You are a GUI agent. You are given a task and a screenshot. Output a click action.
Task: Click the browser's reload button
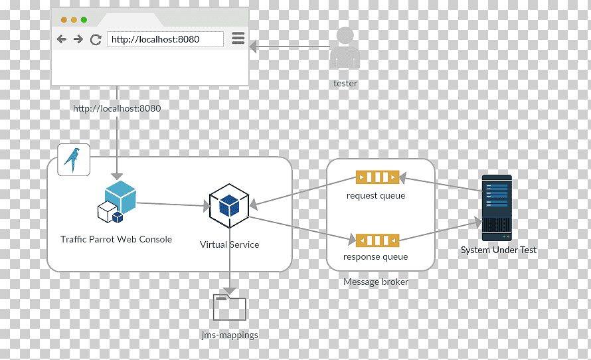[x=96, y=40]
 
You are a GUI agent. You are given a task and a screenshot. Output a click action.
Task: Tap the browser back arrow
[x=62, y=39]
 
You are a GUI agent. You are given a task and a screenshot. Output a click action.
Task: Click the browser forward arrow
[x=78, y=39]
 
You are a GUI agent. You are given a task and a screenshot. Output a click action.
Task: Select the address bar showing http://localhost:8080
[x=165, y=39]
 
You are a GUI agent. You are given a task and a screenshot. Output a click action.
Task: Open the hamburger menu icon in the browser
[x=238, y=38]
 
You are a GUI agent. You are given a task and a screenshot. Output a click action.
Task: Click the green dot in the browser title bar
[x=84, y=20]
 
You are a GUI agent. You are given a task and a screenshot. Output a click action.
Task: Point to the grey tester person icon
[x=345, y=48]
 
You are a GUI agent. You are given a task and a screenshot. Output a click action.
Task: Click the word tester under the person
[x=345, y=83]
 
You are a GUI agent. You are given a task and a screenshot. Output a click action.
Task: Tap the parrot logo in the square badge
[x=73, y=160]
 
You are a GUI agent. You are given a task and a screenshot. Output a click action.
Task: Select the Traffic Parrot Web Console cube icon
[x=116, y=202]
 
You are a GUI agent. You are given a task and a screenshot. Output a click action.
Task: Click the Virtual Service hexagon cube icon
[x=229, y=206]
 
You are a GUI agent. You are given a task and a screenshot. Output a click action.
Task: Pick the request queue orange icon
[x=377, y=177]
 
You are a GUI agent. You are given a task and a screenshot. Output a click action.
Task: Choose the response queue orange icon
[x=377, y=240]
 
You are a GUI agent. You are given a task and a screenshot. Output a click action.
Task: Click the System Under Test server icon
[x=497, y=208]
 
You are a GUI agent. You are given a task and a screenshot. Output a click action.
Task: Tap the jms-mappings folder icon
[x=230, y=308]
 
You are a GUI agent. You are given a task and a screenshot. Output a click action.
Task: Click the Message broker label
[x=376, y=282]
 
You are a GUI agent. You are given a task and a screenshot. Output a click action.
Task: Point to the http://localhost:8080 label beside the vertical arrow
[x=117, y=108]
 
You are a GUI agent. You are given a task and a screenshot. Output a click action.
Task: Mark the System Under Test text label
[x=498, y=250]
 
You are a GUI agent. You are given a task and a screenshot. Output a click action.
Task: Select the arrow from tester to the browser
[x=290, y=46]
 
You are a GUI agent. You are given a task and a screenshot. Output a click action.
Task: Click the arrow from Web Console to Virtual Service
[x=173, y=205]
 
